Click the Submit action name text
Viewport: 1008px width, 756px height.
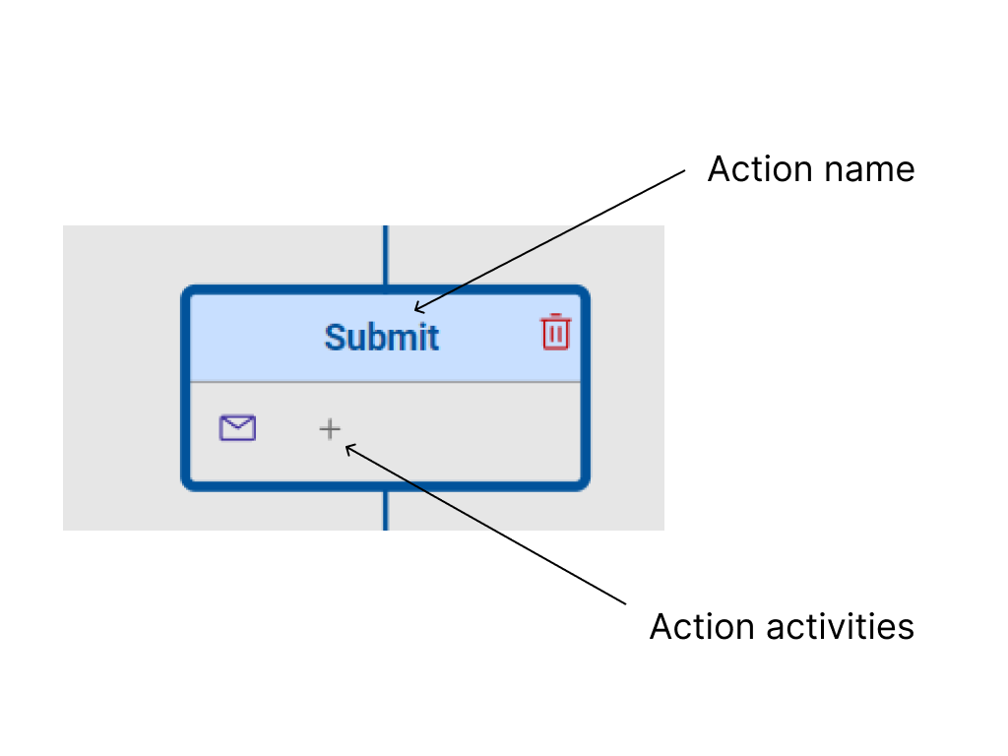pyautogui.click(x=382, y=338)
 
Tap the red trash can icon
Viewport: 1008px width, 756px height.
pyautogui.click(x=555, y=332)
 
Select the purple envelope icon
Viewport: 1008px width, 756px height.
pyautogui.click(x=237, y=428)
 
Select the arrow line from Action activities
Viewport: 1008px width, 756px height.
pyautogui.click(x=487, y=525)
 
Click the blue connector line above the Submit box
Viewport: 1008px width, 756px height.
pyautogui.click(x=385, y=255)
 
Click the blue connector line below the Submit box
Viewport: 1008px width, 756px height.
pyautogui.click(x=385, y=510)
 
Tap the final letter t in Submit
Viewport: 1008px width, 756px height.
pyautogui.click(x=433, y=338)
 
